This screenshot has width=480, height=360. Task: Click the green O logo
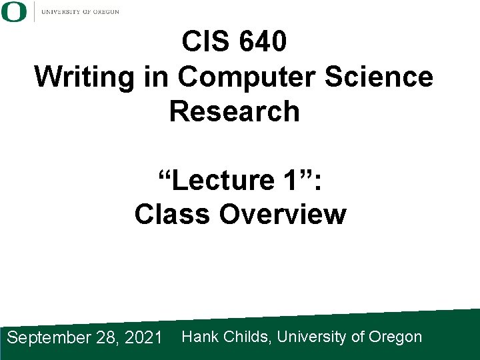14,11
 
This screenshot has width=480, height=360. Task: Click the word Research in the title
235,111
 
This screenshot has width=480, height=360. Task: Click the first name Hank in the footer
198,337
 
